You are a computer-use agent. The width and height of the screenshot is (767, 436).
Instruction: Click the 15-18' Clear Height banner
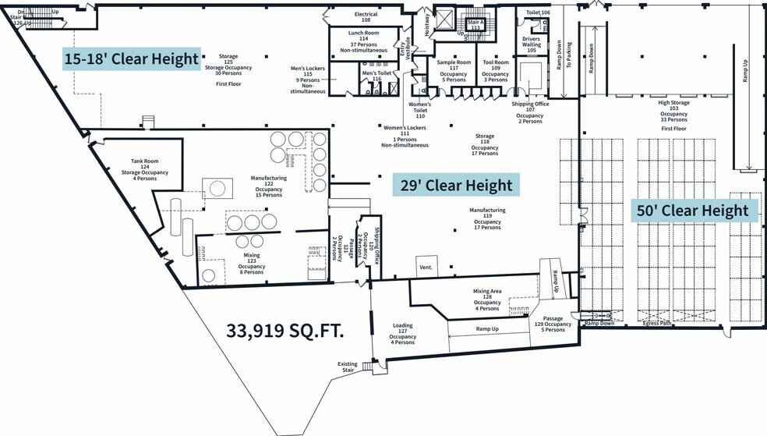coord(132,58)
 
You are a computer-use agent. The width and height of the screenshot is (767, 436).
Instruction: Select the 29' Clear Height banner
coord(455,186)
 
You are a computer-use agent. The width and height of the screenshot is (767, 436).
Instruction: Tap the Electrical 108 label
coord(366,17)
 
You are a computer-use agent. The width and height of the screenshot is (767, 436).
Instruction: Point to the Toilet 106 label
coord(538,12)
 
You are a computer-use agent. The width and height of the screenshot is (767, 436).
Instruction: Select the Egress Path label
coord(656,322)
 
